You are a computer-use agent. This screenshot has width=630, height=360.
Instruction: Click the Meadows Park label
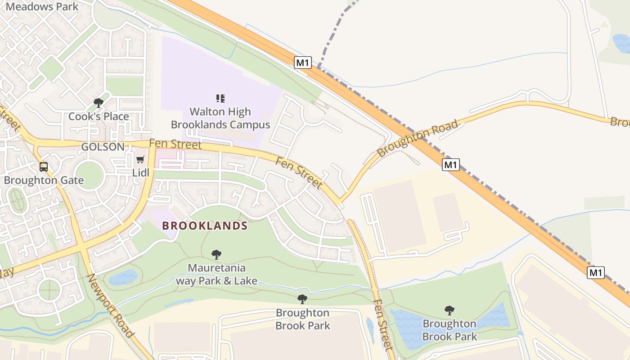click(42, 7)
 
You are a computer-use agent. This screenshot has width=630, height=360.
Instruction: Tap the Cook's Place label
click(99, 117)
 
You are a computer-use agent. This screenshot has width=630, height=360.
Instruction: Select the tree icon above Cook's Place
click(99, 103)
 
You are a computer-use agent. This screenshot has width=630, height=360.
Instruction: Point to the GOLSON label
click(103, 147)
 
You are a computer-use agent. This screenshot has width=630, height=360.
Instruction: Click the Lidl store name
click(140, 172)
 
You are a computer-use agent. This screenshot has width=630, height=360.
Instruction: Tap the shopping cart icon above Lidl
click(140, 160)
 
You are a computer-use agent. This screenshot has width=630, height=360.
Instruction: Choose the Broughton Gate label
click(44, 180)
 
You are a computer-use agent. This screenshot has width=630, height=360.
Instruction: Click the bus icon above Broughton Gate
click(44, 167)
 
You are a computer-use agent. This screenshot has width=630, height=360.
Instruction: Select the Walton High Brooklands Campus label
click(220, 118)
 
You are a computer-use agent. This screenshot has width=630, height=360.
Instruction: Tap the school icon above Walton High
click(220, 98)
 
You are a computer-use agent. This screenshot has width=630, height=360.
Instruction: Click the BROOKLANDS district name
click(205, 226)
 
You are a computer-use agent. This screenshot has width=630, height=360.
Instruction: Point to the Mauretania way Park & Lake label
click(216, 274)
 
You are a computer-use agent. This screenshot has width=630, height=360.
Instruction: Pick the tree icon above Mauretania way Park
click(216, 255)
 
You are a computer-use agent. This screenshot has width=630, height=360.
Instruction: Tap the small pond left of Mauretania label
click(123, 277)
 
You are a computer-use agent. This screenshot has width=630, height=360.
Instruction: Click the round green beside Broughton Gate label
click(89, 175)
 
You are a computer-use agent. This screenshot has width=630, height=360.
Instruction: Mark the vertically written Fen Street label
click(383, 324)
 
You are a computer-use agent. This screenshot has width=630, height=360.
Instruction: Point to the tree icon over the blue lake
click(449, 310)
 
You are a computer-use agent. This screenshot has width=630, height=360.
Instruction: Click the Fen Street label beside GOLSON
click(175, 144)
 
